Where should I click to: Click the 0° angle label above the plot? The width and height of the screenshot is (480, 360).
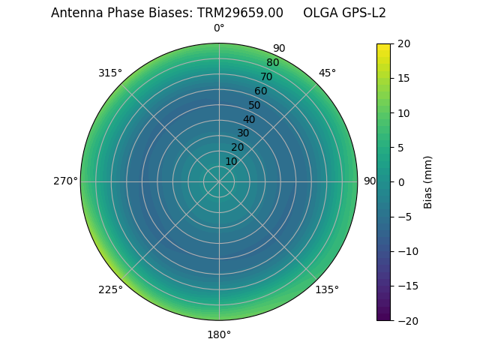pos(219,28)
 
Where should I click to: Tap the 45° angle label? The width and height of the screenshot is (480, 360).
pos(327,73)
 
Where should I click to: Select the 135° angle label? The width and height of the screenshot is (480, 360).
pos(327,289)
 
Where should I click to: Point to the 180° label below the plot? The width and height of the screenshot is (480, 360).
pos(219,334)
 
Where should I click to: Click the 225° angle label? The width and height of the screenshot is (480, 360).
pos(110,289)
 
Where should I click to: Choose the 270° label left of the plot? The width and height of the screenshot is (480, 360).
pos(65,181)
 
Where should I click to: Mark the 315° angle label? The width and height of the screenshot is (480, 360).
pos(110,73)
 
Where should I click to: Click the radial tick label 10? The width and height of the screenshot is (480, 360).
pos(231,161)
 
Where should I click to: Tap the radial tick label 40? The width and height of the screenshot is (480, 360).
pos(249,119)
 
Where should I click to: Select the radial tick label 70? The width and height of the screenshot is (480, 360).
pos(266,76)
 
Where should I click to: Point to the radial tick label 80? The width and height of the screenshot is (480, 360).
pos(272,63)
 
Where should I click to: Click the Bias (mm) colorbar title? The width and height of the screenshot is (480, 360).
pos(428,182)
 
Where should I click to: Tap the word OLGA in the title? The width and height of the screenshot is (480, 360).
pos(319,13)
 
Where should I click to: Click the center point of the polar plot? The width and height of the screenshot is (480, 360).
pos(219,181)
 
